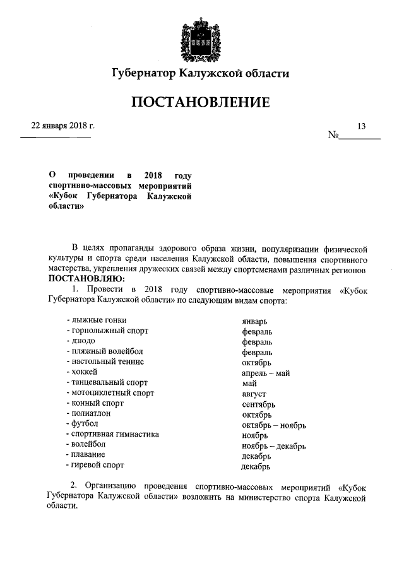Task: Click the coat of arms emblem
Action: (201, 38)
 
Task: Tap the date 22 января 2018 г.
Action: (58, 126)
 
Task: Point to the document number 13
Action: (361, 126)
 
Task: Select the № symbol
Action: (333, 135)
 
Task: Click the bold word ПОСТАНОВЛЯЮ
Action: (86, 279)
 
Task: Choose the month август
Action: (254, 394)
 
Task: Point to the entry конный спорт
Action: (95, 403)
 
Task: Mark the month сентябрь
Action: (258, 404)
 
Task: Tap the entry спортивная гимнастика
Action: (112, 434)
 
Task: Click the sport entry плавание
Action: (85, 454)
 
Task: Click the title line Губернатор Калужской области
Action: (201, 74)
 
